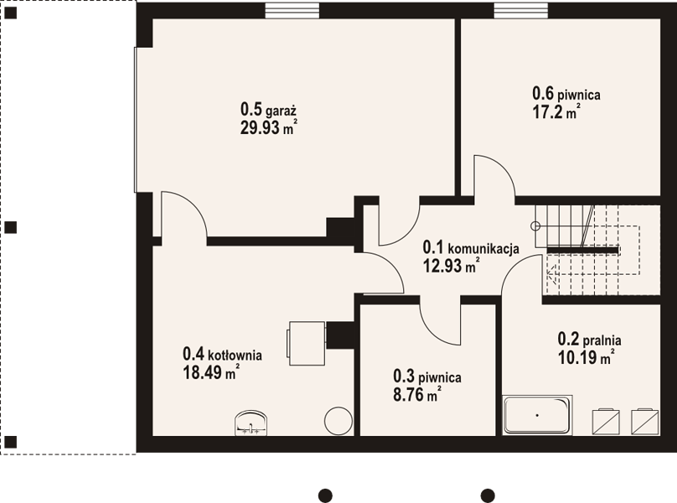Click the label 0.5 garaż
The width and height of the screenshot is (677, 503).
click(x=268, y=109)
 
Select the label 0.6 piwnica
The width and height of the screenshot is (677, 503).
click(x=566, y=93)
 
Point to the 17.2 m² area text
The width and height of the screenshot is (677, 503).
click(x=556, y=112)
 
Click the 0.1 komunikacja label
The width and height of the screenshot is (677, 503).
click(x=471, y=247)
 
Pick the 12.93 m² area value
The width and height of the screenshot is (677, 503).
click(x=451, y=266)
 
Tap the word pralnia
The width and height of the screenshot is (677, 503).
click(x=602, y=340)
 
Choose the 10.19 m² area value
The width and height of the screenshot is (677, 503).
click(x=587, y=357)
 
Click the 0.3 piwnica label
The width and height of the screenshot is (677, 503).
click(x=427, y=376)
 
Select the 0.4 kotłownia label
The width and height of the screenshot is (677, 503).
click(x=222, y=354)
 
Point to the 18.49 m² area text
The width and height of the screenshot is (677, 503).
click(x=211, y=372)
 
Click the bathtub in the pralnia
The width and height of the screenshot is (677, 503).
click(x=538, y=415)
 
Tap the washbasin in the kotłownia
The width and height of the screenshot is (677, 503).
click(x=251, y=423)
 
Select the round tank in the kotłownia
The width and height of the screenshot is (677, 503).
click(x=338, y=421)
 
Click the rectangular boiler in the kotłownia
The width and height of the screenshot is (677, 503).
click(x=306, y=343)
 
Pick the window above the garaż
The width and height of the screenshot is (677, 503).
click(x=292, y=11)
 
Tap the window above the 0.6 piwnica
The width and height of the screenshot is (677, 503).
click(x=521, y=11)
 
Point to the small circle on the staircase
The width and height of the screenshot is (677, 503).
click(x=535, y=226)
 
